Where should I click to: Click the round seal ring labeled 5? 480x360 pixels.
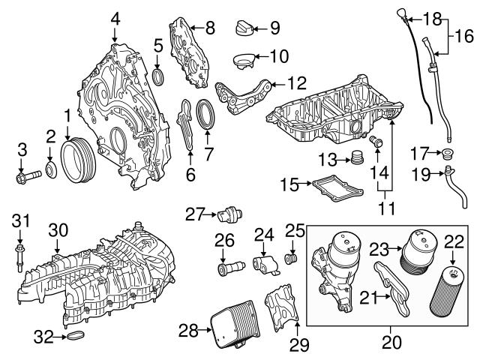(x=158, y=78)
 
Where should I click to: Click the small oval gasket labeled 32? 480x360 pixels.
(x=76, y=337)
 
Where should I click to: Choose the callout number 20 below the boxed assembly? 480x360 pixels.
(x=391, y=344)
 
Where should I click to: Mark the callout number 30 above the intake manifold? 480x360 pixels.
(x=58, y=231)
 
